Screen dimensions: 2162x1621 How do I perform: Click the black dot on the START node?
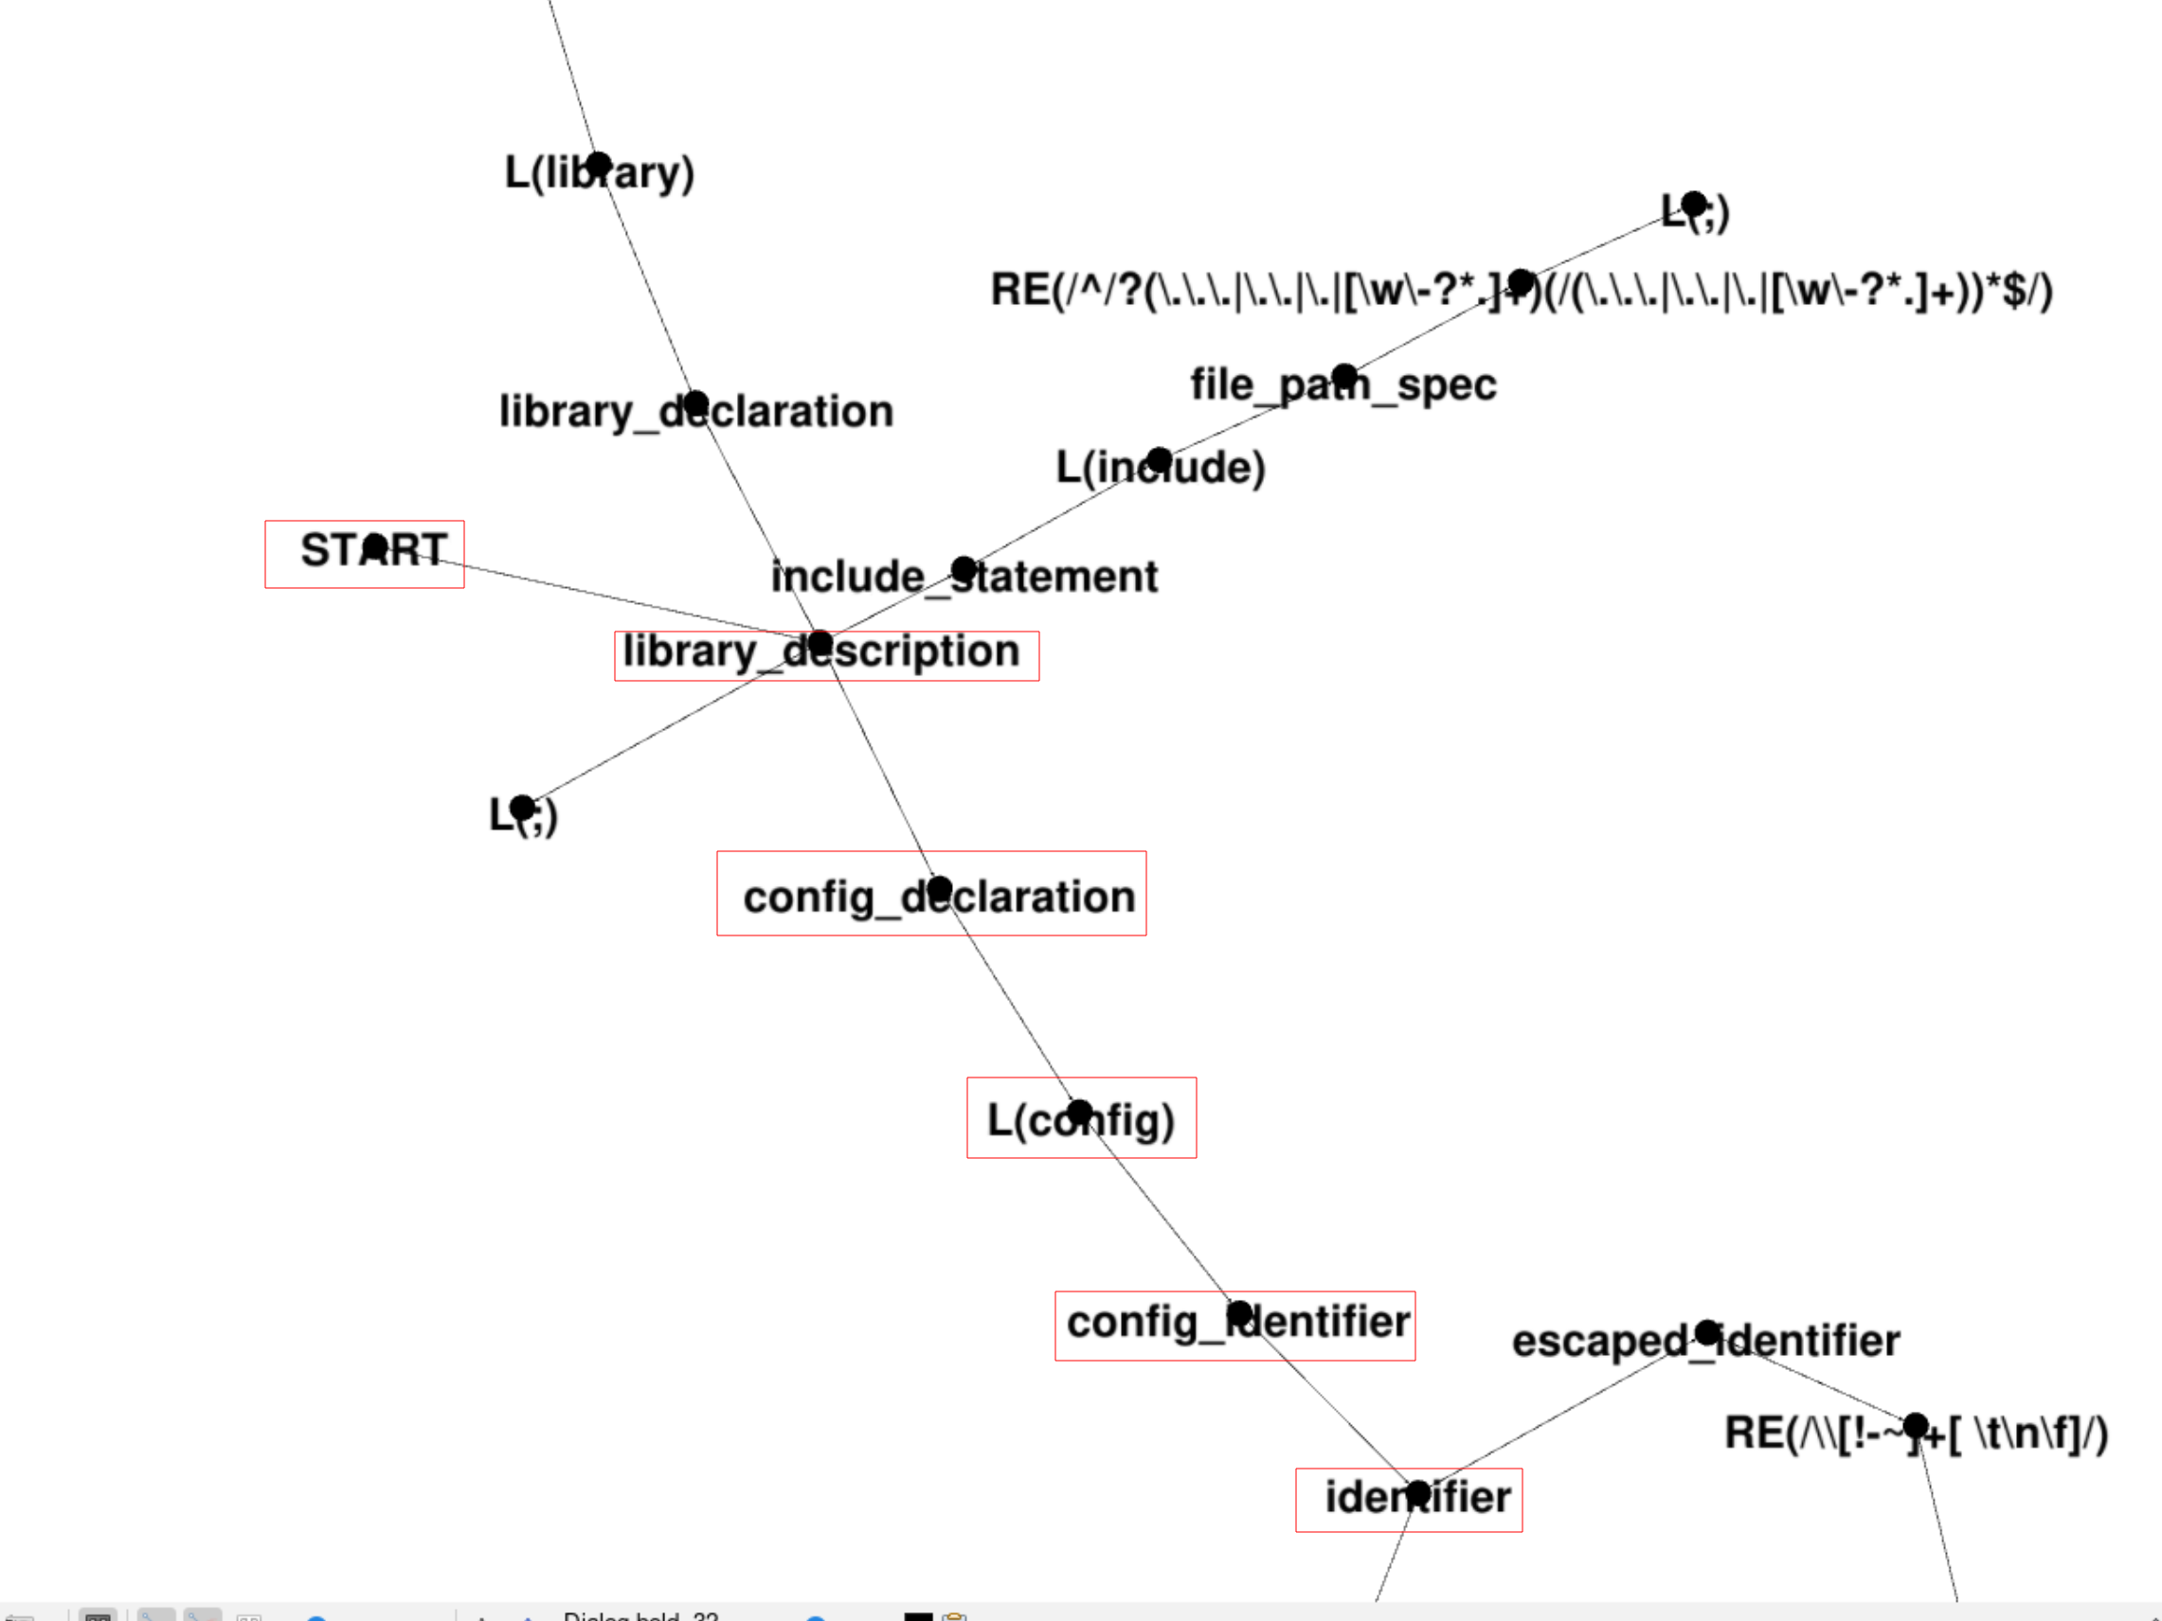point(375,546)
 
